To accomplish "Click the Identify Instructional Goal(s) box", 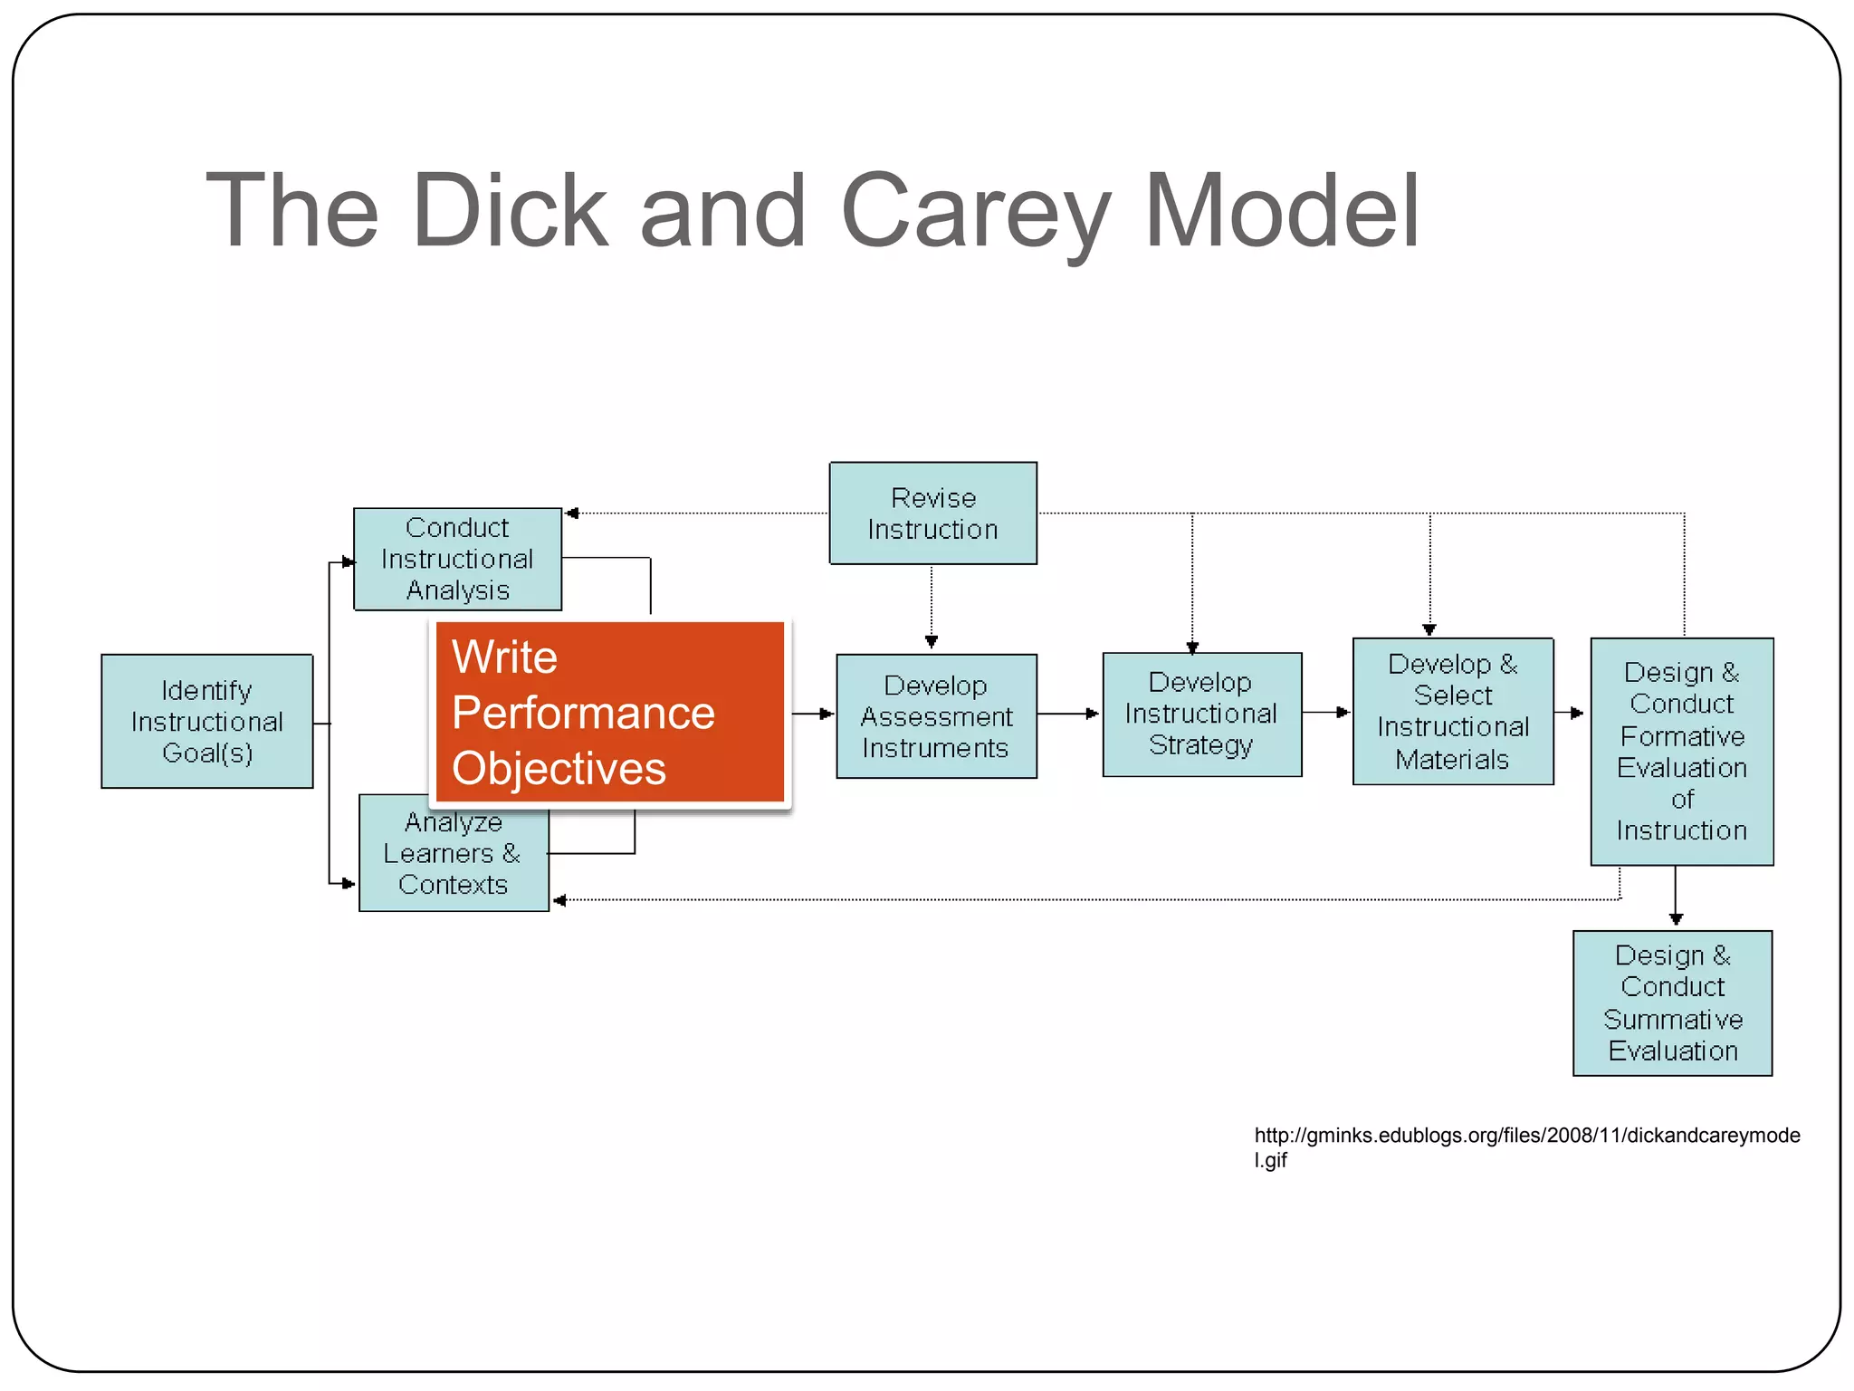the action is pyautogui.click(x=207, y=721).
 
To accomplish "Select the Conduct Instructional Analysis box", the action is pyautogui.click(x=457, y=559).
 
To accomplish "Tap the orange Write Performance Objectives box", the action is pyautogui.click(x=610, y=713).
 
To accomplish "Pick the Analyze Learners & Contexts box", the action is pyautogui.click(x=454, y=853).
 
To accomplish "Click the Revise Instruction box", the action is pyautogui.click(x=933, y=513).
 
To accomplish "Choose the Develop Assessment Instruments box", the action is pyautogui.click(x=936, y=716).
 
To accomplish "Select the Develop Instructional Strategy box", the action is pyautogui.click(x=1202, y=715).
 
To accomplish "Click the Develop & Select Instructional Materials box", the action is pyautogui.click(x=1453, y=711).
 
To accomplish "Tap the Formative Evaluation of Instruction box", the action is pyautogui.click(x=1682, y=752).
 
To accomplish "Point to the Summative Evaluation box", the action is pyautogui.click(x=1673, y=1003).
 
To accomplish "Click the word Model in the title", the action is pyautogui.click(x=1282, y=209).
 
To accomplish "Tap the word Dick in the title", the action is pyautogui.click(x=511, y=209).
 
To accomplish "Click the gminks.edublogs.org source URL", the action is pyautogui.click(x=1527, y=1147).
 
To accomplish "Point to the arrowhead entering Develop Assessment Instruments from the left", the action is pyautogui.click(x=827, y=714).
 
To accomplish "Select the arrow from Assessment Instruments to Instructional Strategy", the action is pyautogui.click(x=1068, y=714).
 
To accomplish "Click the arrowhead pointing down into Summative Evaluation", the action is pyautogui.click(x=1676, y=919).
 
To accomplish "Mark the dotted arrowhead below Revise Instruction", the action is pyautogui.click(x=932, y=641).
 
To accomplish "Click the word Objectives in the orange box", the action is pyautogui.click(x=559, y=770).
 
